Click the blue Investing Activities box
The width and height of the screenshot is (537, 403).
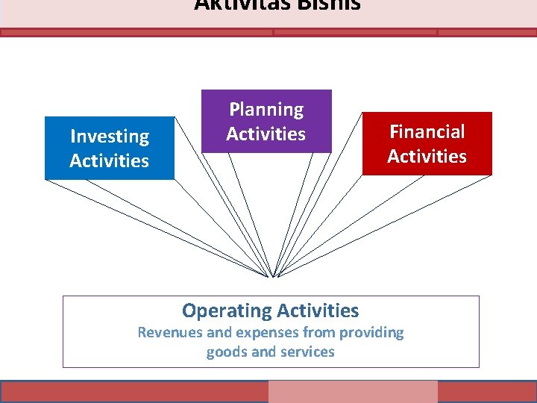tap(110, 149)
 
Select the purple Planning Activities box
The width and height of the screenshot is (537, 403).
tap(266, 121)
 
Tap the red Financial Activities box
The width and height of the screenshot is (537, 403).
tap(427, 143)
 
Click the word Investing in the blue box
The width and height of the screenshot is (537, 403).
tap(110, 137)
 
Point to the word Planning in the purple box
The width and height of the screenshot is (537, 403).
tap(266, 110)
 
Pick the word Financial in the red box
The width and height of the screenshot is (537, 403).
tap(427, 132)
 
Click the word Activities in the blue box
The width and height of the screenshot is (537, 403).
tap(110, 161)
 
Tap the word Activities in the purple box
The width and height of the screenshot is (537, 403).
tap(266, 134)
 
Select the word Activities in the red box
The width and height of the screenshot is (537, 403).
tap(427, 157)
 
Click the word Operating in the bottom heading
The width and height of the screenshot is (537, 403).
tap(227, 310)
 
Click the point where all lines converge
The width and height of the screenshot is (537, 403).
tap(272, 277)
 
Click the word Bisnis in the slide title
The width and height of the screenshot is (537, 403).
tap(328, 5)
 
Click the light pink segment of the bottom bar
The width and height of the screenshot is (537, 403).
tap(353, 392)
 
